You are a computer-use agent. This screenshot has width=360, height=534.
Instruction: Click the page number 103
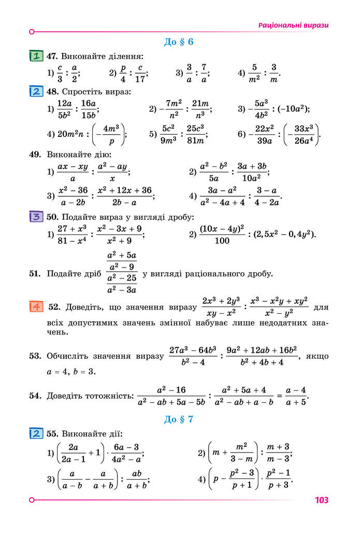coord(321,500)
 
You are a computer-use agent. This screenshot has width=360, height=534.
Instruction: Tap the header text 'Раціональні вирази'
coord(293,25)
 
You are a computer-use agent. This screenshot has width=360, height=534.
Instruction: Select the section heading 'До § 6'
coord(179,42)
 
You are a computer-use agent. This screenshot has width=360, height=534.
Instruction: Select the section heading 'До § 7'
coord(179,419)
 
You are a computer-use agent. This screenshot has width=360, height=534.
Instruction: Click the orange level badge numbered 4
coord(36,306)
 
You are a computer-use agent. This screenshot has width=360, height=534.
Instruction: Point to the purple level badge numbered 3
coord(36,217)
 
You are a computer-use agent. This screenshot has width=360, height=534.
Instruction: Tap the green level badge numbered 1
coord(36,55)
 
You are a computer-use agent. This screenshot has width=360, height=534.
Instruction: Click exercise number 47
coord(52,56)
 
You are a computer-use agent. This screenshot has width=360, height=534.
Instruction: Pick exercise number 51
coord(35,274)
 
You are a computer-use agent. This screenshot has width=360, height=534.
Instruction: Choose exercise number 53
coord(35,356)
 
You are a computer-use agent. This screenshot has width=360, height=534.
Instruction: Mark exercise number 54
coord(35,396)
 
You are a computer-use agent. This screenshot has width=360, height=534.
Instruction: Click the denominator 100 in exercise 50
coord(221,241)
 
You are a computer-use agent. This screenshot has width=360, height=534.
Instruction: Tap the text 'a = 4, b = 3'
coord(71,372)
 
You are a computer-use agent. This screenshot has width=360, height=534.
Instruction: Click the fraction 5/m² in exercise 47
coord(254,73)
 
